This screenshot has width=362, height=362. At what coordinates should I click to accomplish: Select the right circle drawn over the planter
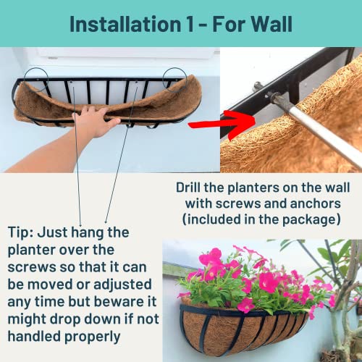[173, 77]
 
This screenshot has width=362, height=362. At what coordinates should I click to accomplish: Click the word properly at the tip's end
[93, 339]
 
